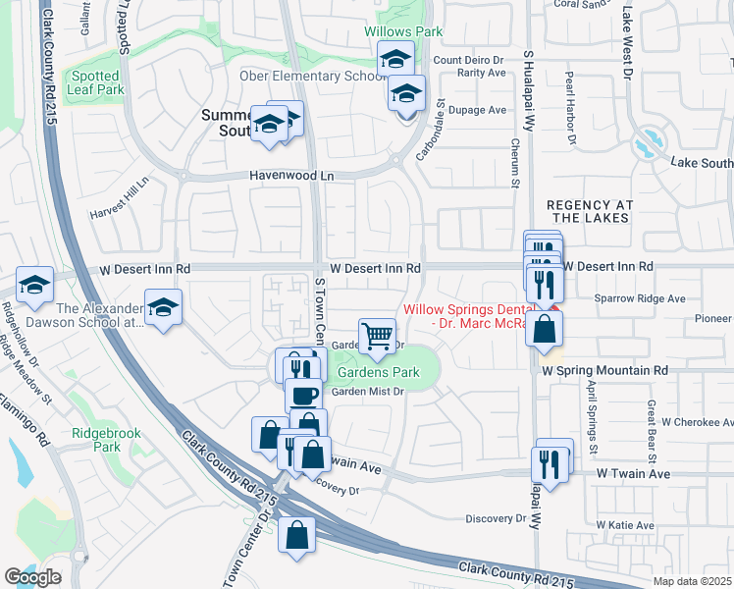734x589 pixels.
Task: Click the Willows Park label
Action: [x=403, y=31]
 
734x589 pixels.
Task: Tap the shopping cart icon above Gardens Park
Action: [x=377, y=336]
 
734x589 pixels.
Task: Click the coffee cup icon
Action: [x=303, y=396]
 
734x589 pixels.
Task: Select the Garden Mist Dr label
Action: [x=367, y=392]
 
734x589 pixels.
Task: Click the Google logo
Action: [x=32, y=577]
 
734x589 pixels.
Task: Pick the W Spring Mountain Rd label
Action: [x=604, y=371]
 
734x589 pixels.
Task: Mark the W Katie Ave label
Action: [x=630, y=527]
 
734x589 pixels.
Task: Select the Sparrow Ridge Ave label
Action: [x=639, y=297]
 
